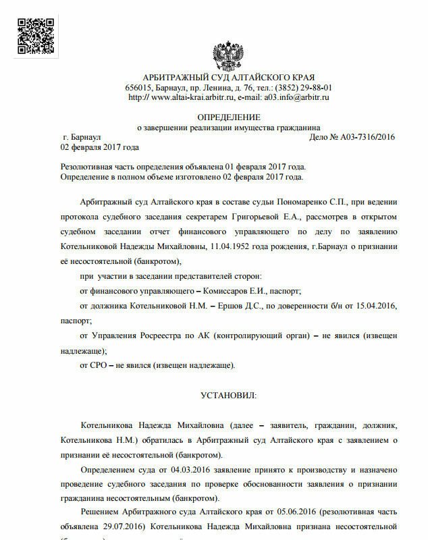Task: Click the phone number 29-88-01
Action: [316, 88]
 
